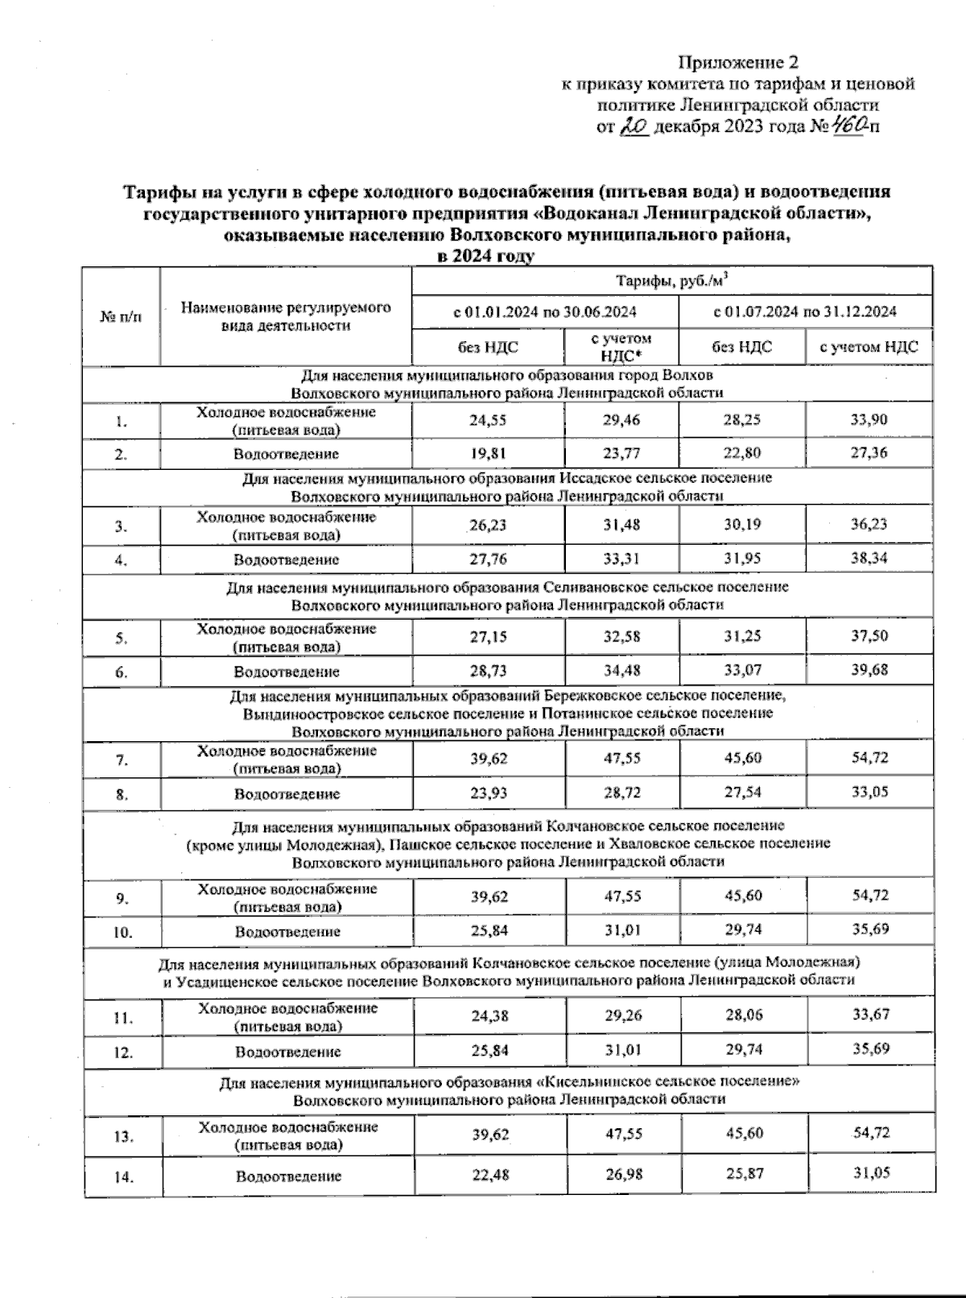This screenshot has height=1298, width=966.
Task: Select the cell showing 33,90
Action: (869, 419)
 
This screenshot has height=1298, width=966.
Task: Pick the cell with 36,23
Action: (869, 524)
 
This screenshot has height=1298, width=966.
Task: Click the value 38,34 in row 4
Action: (869, 558)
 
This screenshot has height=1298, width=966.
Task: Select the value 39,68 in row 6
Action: (869, 670)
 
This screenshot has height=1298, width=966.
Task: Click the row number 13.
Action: (122, 1136)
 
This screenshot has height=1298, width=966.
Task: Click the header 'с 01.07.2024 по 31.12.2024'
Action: (805, 311)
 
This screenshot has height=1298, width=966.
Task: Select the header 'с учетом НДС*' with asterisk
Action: (620, 347)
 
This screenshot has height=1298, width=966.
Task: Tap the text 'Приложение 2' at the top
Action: (738, 63)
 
